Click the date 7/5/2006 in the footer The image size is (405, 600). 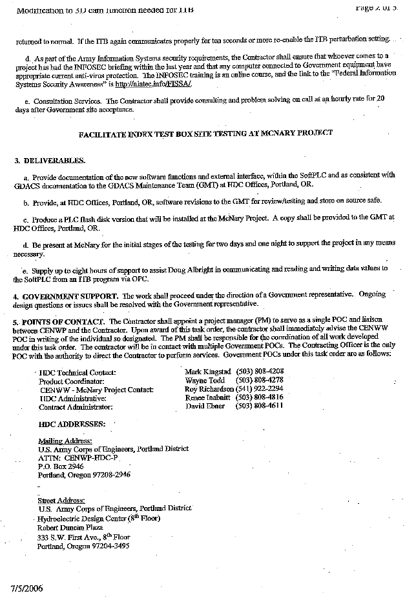coord(27,589)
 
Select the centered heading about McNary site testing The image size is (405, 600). coord(205,133)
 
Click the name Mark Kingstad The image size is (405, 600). coord(207,372)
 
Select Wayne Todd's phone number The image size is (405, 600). coord(260,381)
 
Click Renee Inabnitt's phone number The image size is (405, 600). coord(260,397)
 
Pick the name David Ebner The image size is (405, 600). coord(205,406)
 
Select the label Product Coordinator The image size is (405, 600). coord(73,381)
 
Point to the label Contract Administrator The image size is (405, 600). coord(76,407)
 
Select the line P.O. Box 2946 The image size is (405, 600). coord(61,466)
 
